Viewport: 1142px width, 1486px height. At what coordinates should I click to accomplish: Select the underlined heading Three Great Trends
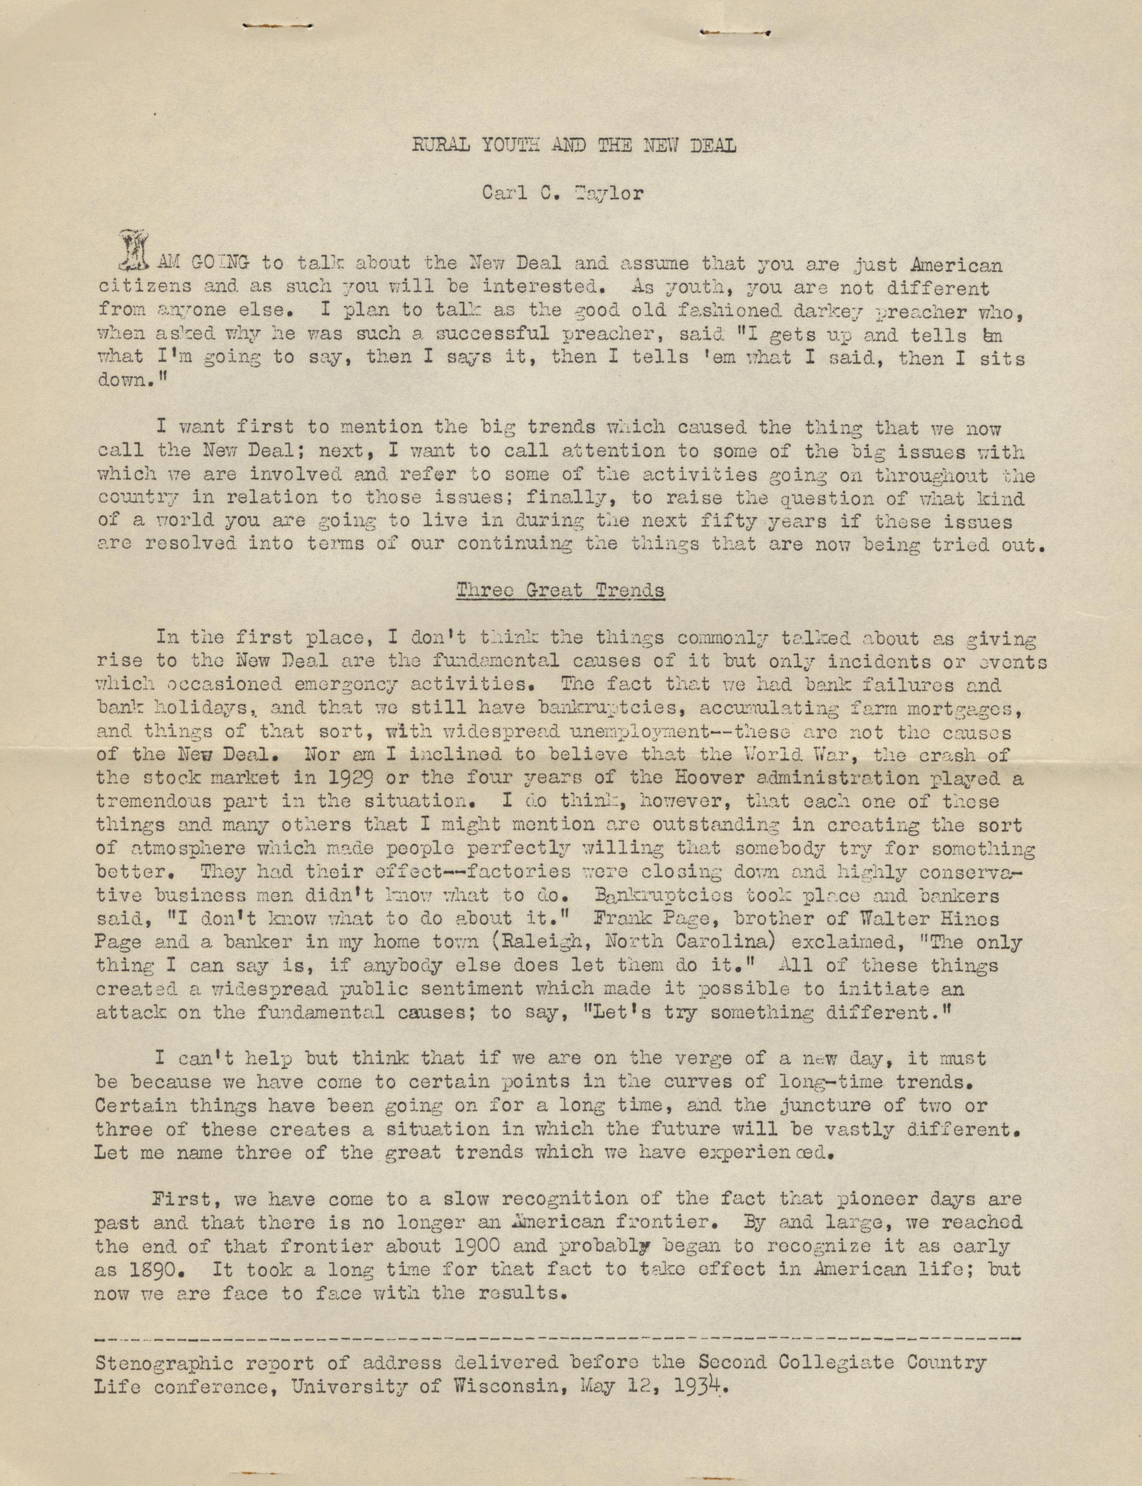pos(560,591)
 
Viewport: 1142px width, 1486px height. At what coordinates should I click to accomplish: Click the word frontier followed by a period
pos(684,1223)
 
